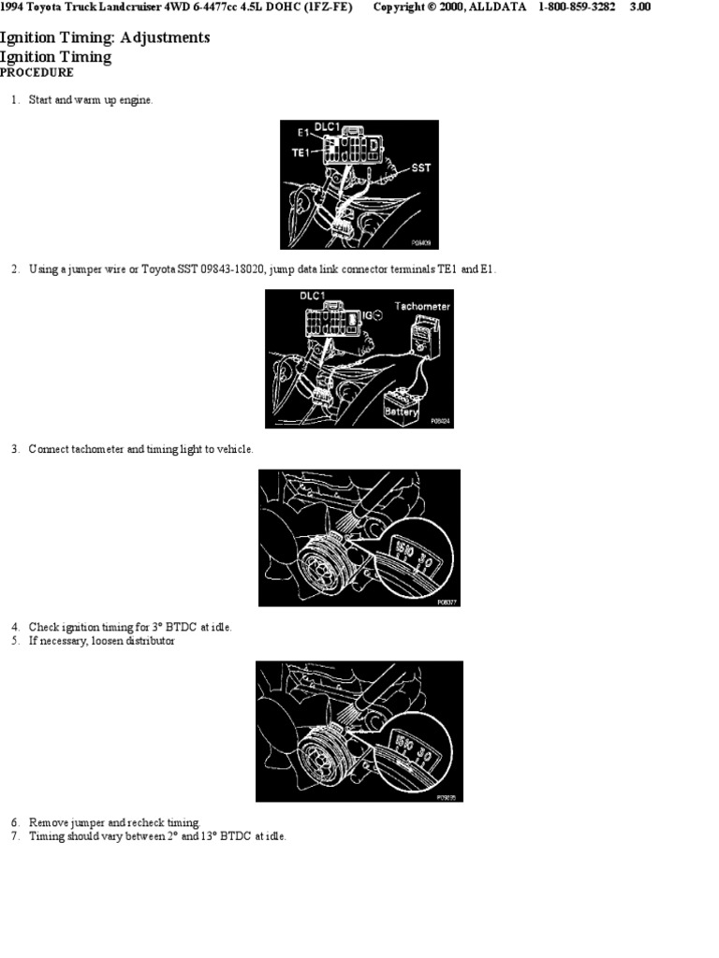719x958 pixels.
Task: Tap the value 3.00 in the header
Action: point(640,7)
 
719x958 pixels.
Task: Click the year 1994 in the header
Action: point(13,7)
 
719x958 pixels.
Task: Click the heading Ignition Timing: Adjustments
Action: point(105,38)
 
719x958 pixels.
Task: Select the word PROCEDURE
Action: point(37,73)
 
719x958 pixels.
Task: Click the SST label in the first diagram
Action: point(421,168)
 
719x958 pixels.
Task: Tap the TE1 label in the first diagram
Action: point(301,152)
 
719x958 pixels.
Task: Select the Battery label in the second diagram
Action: point(402,412)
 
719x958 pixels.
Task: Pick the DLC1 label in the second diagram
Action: point(312,297)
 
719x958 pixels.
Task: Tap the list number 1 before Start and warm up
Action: point(15,100)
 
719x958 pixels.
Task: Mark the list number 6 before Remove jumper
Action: point(15,822)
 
